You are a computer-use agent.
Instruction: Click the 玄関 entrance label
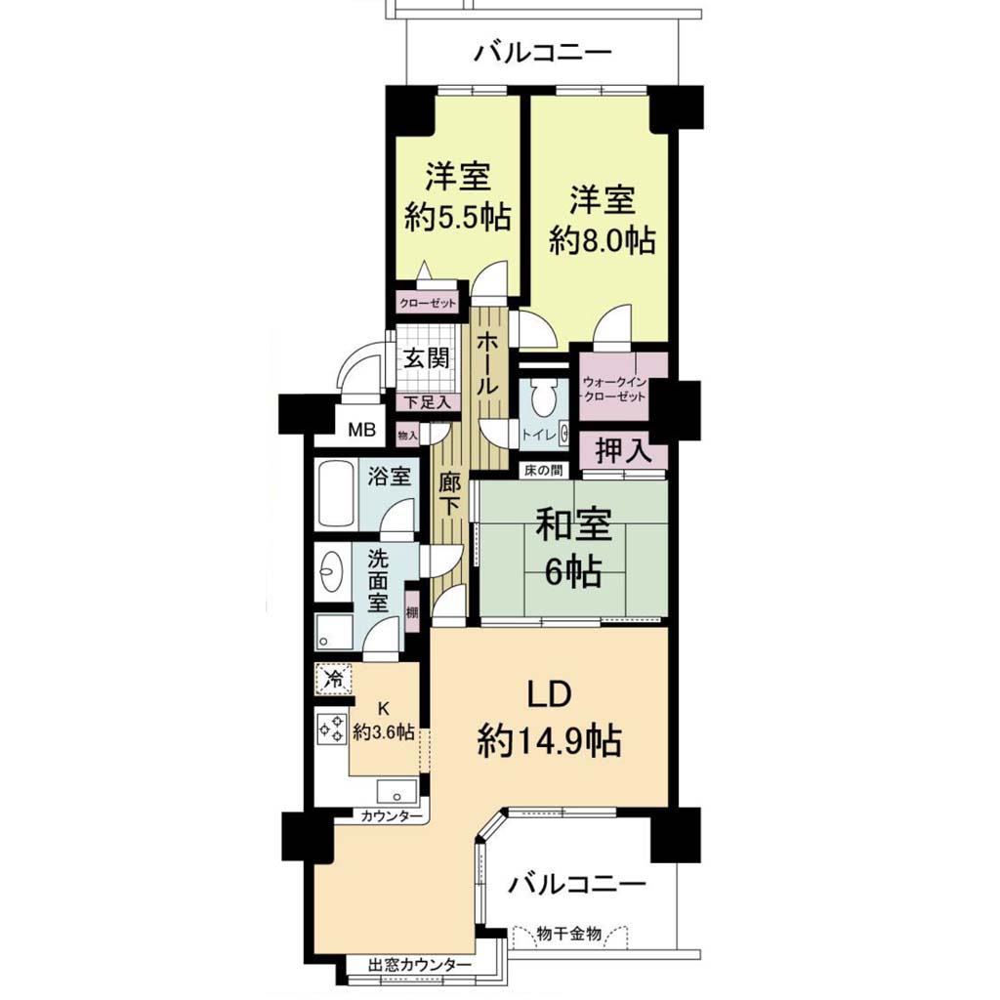(427, 358)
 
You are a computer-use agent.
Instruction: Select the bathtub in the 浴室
(336, 494)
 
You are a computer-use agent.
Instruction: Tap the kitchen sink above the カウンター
(396, 791)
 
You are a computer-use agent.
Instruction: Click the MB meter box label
(361, 431)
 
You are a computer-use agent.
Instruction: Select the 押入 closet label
(623, 451)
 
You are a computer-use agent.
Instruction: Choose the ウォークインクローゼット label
(614, 390)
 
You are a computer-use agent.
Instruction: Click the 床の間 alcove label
(543, 471)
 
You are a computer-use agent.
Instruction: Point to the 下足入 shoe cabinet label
(428, 402)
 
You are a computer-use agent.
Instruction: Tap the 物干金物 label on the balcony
(569, 935)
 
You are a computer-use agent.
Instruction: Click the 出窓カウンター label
(420, 965)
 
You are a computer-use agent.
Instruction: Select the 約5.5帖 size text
(459, 218)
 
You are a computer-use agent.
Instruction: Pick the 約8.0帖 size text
(603, 241)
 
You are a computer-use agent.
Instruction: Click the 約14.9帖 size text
(550, 740)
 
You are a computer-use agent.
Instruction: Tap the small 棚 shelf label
(412, 613)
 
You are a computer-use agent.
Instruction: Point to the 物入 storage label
(407, 437)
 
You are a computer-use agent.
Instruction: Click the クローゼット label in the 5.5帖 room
(428, 303)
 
